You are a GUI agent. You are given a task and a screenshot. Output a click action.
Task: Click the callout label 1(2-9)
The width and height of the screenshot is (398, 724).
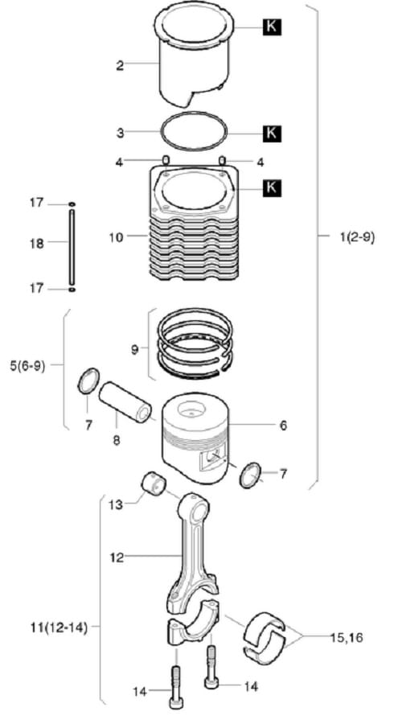click(x=357, y=237)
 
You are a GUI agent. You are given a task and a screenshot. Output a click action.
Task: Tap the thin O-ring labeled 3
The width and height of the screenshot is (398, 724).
click(x=195, y=131)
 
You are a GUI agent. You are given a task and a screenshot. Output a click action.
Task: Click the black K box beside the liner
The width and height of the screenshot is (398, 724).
click(x=272, y=27)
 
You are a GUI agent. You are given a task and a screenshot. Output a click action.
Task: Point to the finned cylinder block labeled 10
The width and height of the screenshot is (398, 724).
click(x=194, y=224)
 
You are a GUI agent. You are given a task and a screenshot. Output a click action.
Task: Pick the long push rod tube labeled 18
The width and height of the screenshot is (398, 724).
click(x=72, y=247)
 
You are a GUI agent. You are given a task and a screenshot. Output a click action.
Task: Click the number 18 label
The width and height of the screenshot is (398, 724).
click(x=37, y=243)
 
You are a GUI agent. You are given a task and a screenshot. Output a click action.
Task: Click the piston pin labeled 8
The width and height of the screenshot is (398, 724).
click(x=125, y=401)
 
